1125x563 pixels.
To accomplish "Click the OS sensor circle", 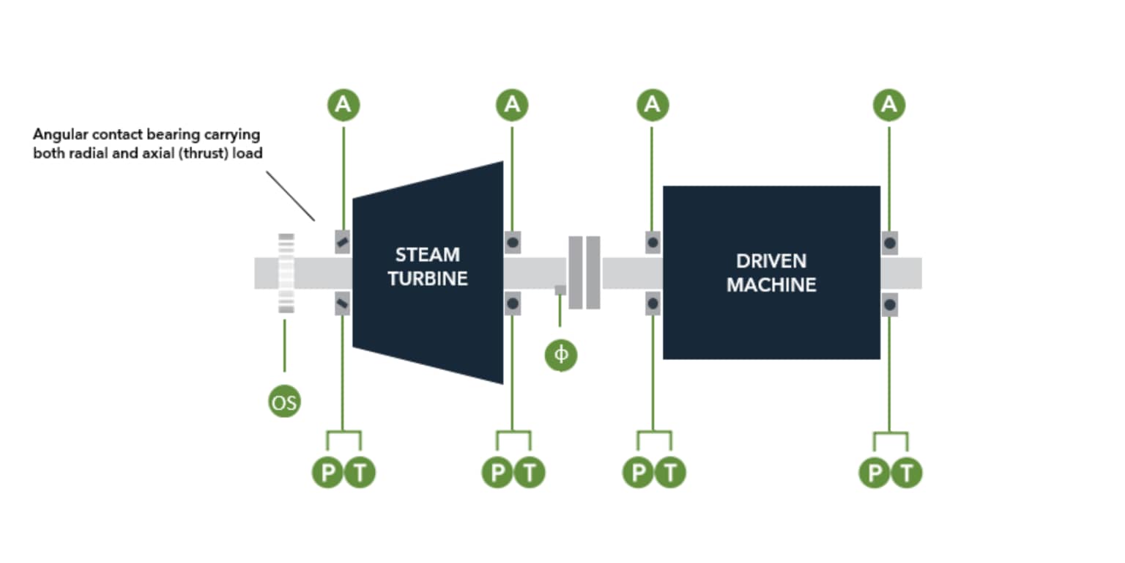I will [284, 402].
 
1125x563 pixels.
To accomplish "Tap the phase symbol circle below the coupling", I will [561, 355].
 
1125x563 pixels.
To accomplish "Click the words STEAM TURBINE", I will [428, 267].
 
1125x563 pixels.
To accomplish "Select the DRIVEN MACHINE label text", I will [771, 273].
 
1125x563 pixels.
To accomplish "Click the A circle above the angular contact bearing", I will [343, 105].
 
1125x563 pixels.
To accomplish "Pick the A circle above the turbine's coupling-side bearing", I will [512, 105].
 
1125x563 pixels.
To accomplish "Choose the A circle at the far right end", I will [889, 105].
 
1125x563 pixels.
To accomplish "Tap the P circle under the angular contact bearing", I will [327, 473].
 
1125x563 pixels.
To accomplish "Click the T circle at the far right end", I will [907, 473].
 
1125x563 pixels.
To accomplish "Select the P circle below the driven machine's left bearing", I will [638, 473].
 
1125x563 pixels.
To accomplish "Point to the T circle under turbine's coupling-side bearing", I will [529, 473].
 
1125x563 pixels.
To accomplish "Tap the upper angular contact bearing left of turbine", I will [343, 241].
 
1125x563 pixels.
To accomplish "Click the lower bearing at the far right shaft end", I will [889, 303].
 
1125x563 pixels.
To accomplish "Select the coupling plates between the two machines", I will [584, 273].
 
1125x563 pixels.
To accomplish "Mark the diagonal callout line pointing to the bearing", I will [290, 196].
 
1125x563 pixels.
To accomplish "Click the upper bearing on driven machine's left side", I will [653, 242].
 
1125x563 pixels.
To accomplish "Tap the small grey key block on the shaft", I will [560, 290].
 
